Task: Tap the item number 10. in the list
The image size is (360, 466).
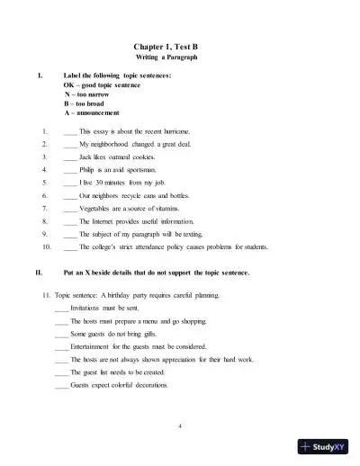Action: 45,246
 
